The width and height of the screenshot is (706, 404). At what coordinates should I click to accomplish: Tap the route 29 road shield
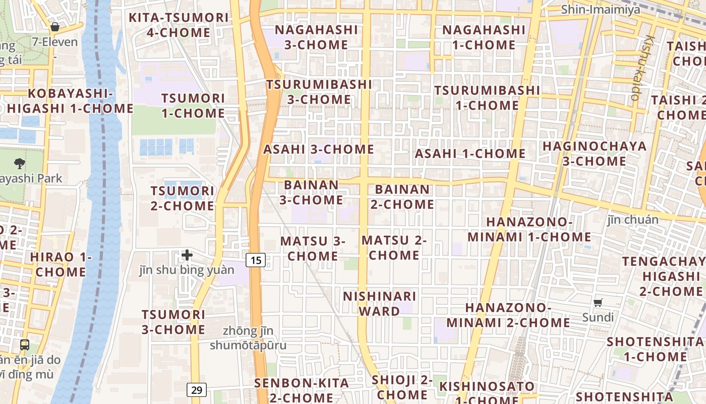click(197, 390)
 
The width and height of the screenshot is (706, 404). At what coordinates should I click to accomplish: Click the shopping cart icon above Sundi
click(598, 303)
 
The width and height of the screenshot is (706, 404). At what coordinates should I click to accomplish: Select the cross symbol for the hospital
click(187, 255)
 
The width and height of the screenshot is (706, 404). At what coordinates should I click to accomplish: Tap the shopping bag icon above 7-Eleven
click(54, 27)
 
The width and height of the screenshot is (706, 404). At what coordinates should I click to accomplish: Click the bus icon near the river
click(24, 345)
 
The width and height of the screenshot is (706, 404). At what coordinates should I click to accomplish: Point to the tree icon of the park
click(20, 163)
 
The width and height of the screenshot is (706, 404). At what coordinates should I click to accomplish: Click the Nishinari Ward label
click(380, 304)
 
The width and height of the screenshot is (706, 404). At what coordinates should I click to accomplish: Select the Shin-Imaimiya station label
click(601, 9)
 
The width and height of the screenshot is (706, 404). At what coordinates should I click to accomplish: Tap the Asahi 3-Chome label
click(319, 149)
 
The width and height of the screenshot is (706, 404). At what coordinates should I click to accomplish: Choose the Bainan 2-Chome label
click(402, 197)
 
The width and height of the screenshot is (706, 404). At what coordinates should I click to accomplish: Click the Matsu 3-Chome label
click(313, 248)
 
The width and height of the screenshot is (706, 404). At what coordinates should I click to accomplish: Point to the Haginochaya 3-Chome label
click(594, 154)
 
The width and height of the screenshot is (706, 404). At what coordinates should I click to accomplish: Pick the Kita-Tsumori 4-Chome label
click(179, 25)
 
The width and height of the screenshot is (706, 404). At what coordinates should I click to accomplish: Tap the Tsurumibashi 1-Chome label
click(487, 98)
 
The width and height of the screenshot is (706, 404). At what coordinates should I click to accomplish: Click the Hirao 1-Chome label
click(61, 264)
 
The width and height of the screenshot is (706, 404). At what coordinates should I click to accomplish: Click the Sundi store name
click(598, 317)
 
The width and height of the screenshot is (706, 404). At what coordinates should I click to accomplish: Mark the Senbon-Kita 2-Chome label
click(302, 390)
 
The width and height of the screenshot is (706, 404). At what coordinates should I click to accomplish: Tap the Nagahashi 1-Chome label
click(484, 37)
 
